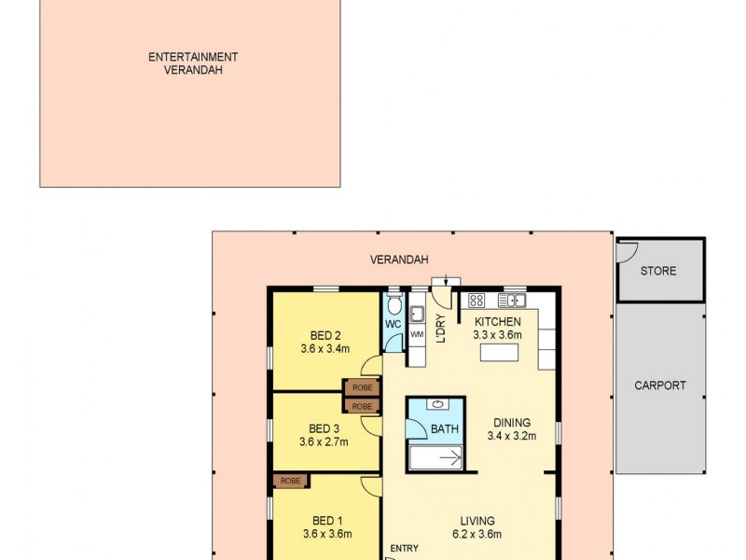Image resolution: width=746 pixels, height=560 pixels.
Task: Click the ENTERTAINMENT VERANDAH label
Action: (x=193, y=63)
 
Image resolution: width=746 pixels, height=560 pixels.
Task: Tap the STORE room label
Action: (x=658, y=272)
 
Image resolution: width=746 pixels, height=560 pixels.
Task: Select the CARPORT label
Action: (x=660, y=385)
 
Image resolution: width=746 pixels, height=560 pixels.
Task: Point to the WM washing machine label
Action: (x=417, y=333)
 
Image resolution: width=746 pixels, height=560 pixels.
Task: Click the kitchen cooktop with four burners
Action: (x=477, y=301)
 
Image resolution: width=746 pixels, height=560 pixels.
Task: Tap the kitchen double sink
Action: (x=512, y=301)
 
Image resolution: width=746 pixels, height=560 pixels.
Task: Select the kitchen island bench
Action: (x=500, y=353)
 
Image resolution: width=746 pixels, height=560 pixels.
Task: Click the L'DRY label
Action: (x=441, y=329)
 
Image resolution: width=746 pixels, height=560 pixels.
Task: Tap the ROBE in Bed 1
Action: (x=290, y=482)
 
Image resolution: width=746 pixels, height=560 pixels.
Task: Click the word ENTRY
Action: (x=405, y=548)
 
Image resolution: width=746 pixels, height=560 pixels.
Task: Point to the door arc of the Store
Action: (x=626, y=249)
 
